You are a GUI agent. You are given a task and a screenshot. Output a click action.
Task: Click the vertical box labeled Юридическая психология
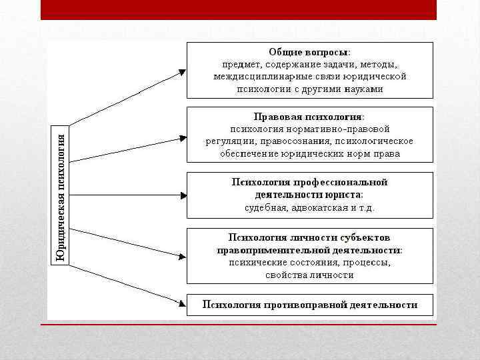(x=61, y=195)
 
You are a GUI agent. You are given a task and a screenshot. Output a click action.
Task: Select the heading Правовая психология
(x=309, y=116)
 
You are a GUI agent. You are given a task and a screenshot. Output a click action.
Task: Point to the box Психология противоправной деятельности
(x=310, y=305)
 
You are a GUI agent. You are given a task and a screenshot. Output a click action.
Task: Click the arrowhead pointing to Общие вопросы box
(x=182, y=70)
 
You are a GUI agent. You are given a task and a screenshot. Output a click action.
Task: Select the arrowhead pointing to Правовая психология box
(x=182, y=139)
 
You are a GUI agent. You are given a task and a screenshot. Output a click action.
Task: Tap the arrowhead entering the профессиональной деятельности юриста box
(x=182, y=195)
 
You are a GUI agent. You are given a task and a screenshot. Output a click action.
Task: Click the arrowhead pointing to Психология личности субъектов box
(x=182, y=255)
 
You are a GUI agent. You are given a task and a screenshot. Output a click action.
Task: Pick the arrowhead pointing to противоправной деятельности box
(x=182, y=303)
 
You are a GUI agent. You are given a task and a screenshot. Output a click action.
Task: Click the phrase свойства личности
(x=309, y=275)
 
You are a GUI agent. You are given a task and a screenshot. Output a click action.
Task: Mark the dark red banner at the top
(x=239, y=9)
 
